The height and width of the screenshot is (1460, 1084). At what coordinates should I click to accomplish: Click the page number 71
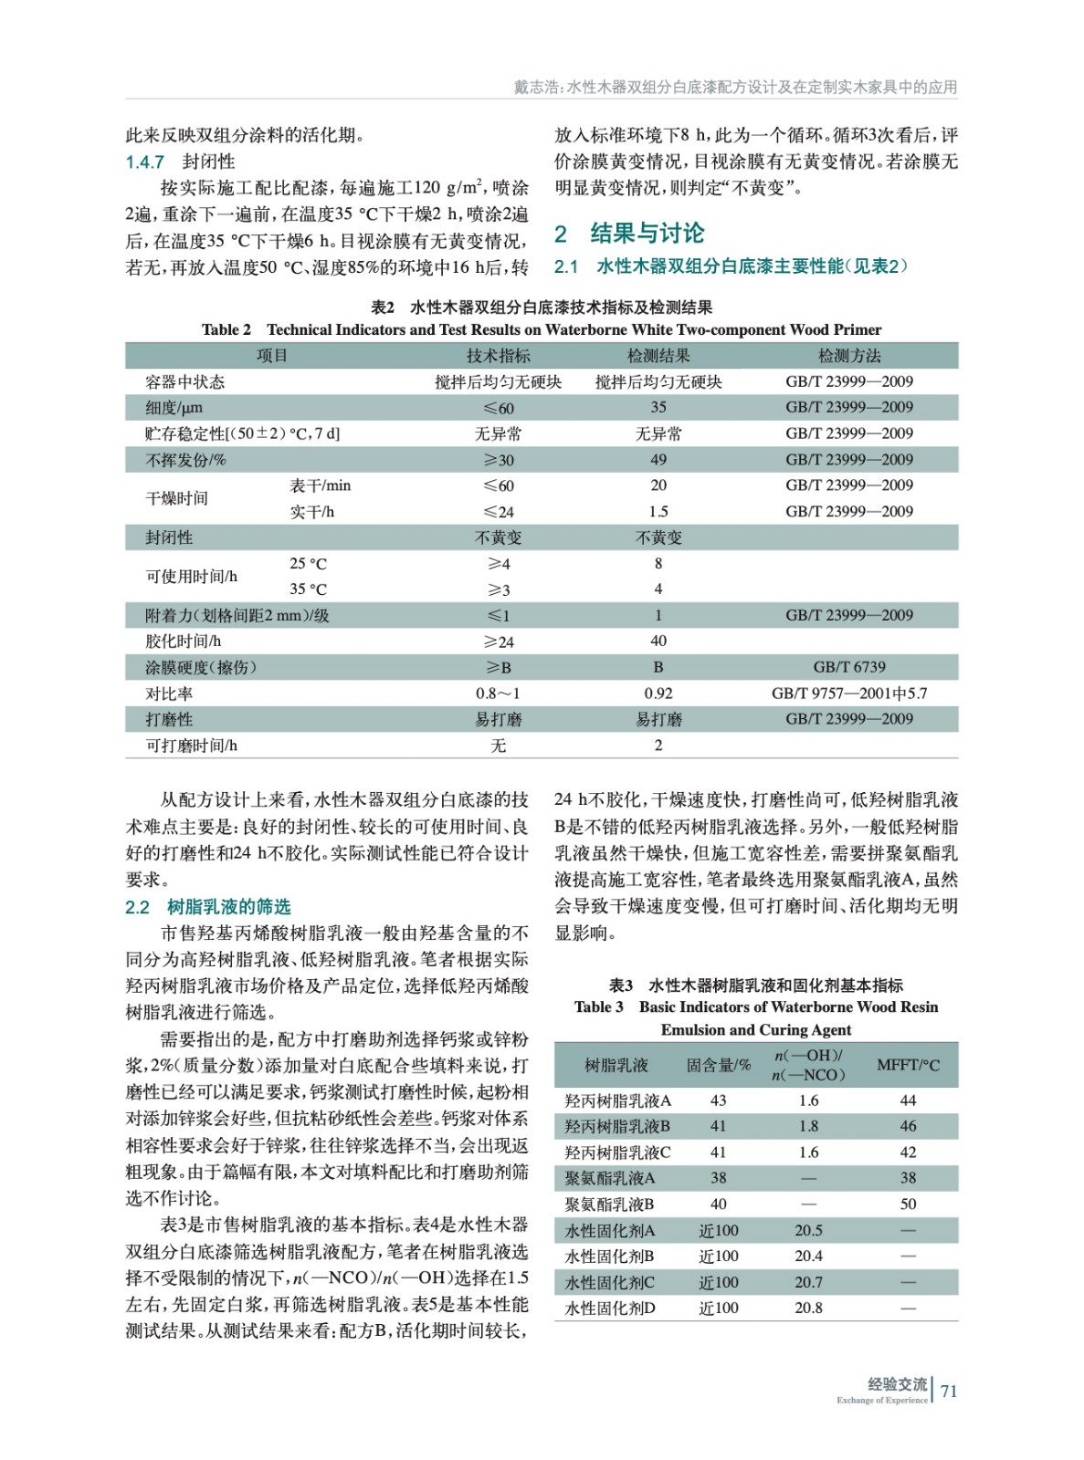pyautogui.click(x=949, y=1391)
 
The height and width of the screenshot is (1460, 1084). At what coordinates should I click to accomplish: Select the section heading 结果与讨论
pyautogui.click(x=647, y=234)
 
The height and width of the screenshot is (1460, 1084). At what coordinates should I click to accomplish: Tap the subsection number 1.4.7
pyautogui.click(x=144, y=162)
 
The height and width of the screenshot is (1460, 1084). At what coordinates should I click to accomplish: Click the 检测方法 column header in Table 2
pyautogui.click(x=848, y=356)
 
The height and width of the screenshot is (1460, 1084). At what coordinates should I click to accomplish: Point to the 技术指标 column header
pyautogui.click(x=498, y=356)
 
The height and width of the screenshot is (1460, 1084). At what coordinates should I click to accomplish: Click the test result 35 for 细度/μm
pyautogui.click(x=658, y=407)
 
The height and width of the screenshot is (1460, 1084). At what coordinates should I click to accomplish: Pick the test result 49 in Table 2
pyautogui.click(x=658, y=460)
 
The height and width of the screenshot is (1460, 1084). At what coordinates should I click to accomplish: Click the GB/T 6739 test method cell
pyautogui.click(x=848, y=667)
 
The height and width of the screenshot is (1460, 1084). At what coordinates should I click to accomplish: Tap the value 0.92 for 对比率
pyautogui.click(x=658, y=693)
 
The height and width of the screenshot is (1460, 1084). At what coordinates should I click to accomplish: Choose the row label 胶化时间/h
pyautogui.click(x=183, y=641)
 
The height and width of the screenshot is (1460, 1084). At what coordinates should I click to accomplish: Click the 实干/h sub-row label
pyautogui.click(x=312, y=512)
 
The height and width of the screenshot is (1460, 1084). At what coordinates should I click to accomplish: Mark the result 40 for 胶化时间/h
pyautogui.click(x=658, y=641)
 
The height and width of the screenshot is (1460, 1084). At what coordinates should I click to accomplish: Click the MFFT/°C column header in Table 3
pyautogui.click(x=908, y=1065)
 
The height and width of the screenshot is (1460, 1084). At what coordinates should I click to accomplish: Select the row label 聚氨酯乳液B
pyautogui.click(x=609, y=1204)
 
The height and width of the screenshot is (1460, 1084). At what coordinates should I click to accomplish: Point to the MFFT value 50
pyautogui.click(x=908, y=1204)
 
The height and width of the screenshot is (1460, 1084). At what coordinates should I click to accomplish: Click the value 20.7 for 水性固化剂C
pyautogui.click(x=808, y=1282)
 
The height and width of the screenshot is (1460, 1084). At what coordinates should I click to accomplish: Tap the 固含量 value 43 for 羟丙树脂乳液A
pyautogui.click(x=719, y=1100)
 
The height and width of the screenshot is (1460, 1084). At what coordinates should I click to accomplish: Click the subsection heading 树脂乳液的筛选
pyautogui.click(x=228, y=907)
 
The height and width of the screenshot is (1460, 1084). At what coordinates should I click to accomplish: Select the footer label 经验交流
pyautogui.click(x=897, y=1383)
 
